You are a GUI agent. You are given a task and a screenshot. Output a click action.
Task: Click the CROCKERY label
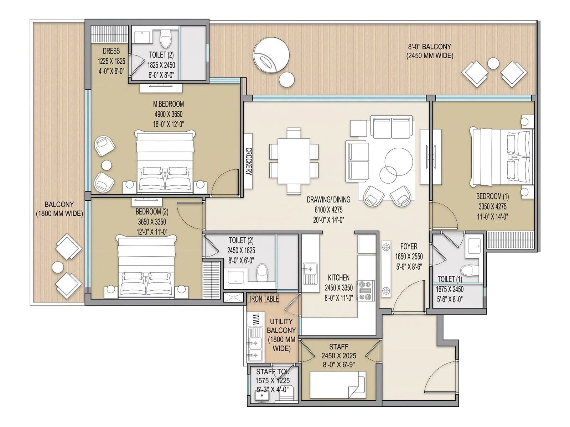point(249,162)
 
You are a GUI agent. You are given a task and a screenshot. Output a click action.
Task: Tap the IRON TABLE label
point(264,299)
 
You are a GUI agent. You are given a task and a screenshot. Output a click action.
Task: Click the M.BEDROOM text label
point(168,104)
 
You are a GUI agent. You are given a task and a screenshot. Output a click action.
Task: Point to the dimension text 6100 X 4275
point(328,210)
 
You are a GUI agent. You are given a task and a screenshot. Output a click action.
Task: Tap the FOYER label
point(409,246)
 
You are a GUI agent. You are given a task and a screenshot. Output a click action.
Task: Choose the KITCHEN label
point(338,278)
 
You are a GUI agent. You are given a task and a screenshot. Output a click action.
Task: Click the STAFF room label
point(338,347)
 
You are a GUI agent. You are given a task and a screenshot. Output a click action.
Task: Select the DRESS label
point(111,51)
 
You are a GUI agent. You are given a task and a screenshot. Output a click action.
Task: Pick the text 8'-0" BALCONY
point(429,47)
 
